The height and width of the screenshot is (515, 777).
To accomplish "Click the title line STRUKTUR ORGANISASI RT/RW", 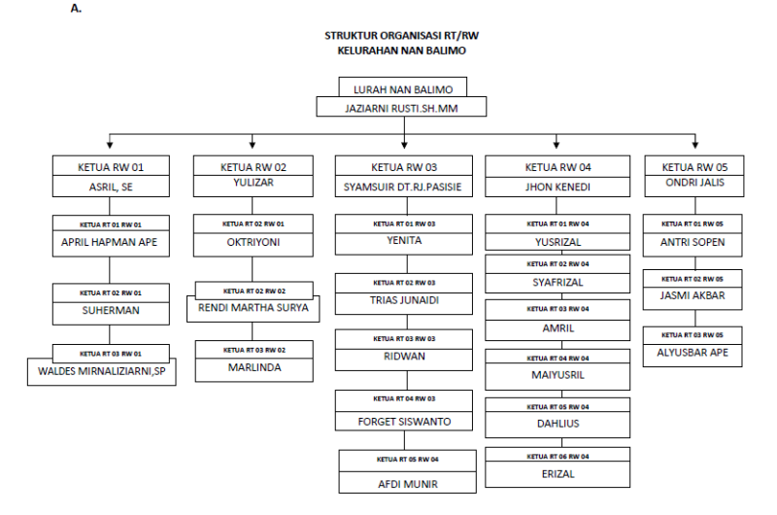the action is [x=401, y=36].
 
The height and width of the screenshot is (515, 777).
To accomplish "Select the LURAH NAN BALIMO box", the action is [x=403, y=87].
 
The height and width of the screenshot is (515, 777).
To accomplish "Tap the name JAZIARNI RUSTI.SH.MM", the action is [x=401, y=108].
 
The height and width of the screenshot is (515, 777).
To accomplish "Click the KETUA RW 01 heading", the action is [x=111, y=167].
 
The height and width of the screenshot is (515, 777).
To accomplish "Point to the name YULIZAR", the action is [x=253, y=183].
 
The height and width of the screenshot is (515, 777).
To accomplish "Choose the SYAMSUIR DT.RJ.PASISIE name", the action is [x=403, y=187].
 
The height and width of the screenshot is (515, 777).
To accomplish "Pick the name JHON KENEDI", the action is [x=557, y=187].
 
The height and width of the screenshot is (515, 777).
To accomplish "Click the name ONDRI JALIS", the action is [x=694, y=183].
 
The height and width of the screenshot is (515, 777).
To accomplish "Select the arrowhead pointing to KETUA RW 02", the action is [x=253, y=145].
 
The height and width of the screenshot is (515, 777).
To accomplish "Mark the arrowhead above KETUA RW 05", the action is [x=695, y=145].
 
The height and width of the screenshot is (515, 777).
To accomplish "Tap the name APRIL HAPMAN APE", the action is [x=109, y=242].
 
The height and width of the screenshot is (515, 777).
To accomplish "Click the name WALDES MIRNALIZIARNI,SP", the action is [x=102, y=371].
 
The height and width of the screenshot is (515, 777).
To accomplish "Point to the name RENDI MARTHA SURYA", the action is [x=253, y=308].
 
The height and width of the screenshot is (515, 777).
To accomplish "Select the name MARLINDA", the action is [x=254, y=367].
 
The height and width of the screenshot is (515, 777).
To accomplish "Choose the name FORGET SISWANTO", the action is [x=404, y=422].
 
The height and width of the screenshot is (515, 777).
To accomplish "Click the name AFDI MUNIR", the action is [x=408, y=484].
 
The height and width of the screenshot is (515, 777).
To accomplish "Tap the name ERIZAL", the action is [x=557, y=474].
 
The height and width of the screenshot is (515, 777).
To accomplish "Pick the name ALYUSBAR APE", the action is [x=693, y=353].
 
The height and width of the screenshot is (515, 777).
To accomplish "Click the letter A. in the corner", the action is [x=76, y=9].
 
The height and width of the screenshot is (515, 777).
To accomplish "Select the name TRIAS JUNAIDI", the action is [x=404, y=300].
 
